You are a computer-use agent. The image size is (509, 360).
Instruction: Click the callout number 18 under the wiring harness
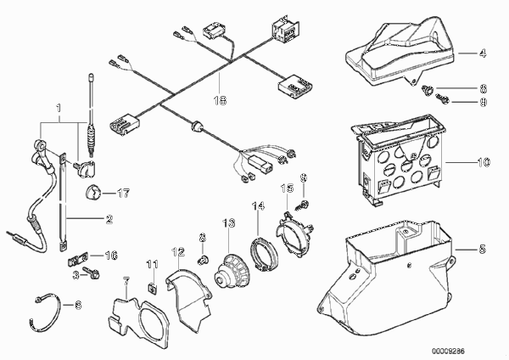(220, 100)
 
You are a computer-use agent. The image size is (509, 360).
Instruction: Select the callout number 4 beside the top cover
(483, 53)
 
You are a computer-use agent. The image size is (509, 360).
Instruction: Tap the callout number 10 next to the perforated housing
(484, 162)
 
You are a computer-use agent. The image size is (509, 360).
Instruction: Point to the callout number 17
(123, 194)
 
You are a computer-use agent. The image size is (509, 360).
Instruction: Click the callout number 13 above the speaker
(229, 223)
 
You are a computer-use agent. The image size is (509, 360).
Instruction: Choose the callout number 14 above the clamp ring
(258, 206)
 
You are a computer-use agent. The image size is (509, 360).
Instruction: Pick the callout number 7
(126, 281)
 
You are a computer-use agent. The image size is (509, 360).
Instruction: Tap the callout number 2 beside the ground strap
(109, 219)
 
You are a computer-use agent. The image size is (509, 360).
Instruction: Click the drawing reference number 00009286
(448, 351)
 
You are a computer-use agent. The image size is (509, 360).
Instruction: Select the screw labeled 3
(92, 273)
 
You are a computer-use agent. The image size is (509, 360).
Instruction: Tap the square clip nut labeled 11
(152, 288)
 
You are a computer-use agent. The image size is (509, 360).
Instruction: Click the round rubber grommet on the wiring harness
(197, 127)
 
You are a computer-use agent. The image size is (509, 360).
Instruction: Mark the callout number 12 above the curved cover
(178, 252)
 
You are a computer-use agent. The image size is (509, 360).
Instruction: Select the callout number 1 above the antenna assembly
(59, 108)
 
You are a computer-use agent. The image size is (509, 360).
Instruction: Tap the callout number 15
(288, 188)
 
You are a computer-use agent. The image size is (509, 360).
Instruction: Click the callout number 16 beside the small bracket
(110, 256)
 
